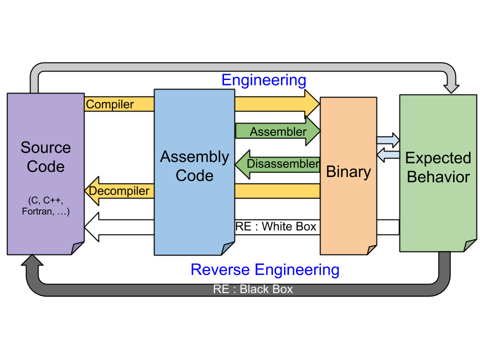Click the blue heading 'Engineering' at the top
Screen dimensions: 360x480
click(263, 80)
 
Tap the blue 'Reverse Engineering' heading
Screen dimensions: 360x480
click(265, 270)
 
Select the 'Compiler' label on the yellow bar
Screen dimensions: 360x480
click(110, 104)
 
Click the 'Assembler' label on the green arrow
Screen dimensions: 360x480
click(278, 132)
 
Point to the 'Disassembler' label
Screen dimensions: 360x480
click(283, 163)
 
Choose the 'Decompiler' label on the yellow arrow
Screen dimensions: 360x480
click(119, 191)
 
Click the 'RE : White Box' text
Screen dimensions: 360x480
click(276, 226)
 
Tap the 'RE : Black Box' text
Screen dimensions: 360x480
click(253, 289)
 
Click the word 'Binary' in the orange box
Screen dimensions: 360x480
click(348, 172)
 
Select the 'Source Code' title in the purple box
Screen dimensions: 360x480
click(45, 157)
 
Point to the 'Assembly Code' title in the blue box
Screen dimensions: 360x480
click(194, 166)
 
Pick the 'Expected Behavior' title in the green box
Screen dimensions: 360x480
click(438, 167)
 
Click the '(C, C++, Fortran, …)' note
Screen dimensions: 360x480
click(45, 206)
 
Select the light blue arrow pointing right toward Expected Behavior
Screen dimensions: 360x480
click(388, 140)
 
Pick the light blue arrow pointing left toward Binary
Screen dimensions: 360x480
click(388, 155)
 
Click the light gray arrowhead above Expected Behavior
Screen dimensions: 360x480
click(451, 88)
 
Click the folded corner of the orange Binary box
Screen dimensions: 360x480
click(371, 249)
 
